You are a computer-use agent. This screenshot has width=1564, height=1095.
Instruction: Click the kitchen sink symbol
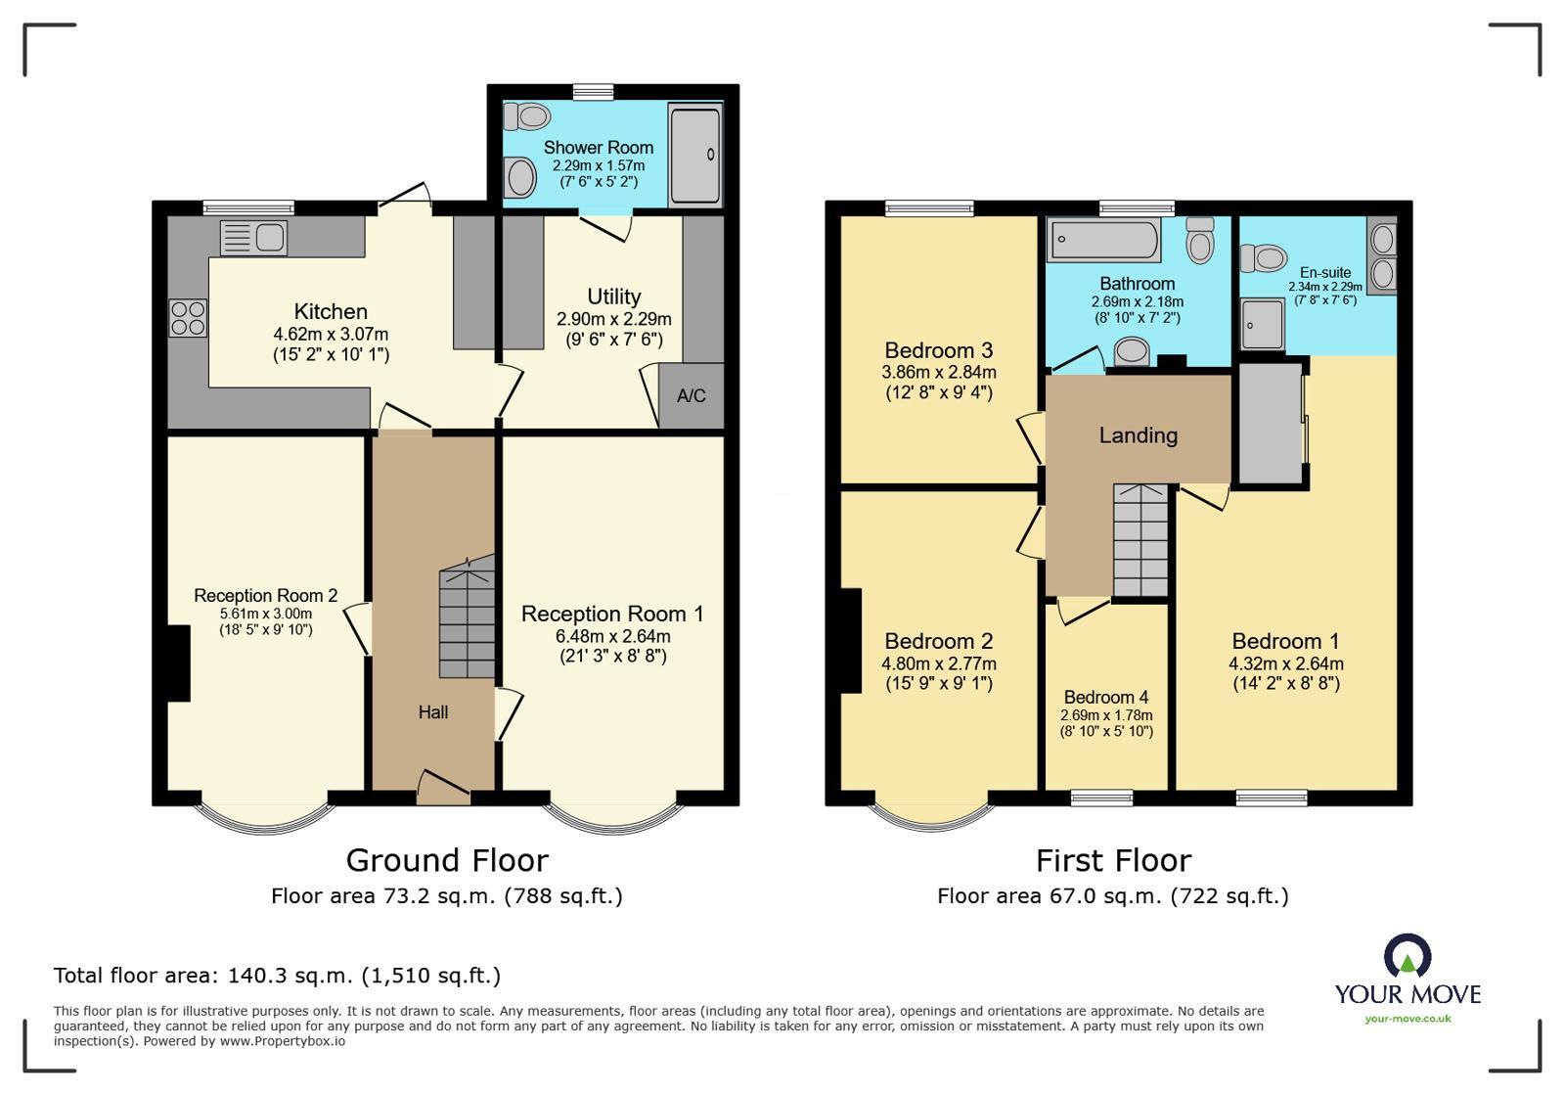[253, 238]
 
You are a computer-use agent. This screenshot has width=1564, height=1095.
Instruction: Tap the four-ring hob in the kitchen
[189, 317]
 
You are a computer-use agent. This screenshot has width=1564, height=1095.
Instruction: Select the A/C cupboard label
[691, 396]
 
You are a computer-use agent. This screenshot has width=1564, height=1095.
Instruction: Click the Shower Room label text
[599, 148]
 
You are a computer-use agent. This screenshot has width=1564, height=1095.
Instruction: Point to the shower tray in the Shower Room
[694, 155]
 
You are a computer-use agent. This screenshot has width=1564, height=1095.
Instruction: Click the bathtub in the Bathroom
[1103, 240]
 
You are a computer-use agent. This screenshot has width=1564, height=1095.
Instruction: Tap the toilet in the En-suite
[1264, 258]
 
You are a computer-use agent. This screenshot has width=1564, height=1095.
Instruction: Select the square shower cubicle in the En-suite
[1263, 324]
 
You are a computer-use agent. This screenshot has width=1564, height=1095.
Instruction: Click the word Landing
[1138, 435]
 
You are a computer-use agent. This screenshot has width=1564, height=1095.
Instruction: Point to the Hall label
[433, 712]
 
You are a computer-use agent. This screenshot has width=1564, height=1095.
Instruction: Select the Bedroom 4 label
[1106, 697]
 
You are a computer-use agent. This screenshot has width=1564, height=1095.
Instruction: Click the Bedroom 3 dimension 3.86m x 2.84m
[938, 372]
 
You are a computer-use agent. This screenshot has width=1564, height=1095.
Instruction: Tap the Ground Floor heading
[447, 860]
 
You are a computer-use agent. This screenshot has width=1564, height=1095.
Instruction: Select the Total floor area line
[277, 976]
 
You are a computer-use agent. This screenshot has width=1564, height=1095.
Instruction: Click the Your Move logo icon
[1408, 956]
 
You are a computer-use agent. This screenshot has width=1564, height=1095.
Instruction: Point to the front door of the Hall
[444, 788]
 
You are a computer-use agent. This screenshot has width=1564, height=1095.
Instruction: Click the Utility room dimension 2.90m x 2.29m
[613, 319]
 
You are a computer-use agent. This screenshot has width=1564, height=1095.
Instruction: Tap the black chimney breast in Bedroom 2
[850, 640]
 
